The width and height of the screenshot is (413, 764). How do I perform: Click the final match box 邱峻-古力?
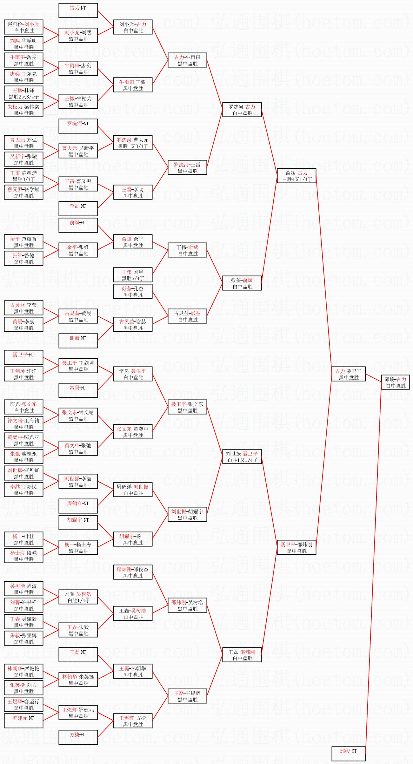tap(396, 382)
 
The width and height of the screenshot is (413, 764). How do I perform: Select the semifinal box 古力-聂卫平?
tap(349, 374)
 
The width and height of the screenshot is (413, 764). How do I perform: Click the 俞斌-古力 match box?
tap(296, 176)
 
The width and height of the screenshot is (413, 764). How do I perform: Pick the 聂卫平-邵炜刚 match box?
tap(296, 547)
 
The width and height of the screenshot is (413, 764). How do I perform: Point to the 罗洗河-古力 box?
tap(242, 110)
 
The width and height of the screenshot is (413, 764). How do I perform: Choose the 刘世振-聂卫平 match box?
tap(242, 456)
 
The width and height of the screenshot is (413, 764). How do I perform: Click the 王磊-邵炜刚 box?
tap(242, 655)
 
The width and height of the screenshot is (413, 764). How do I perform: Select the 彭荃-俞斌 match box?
tap(242, 283)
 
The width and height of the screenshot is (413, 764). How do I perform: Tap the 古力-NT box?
tap(78, 11)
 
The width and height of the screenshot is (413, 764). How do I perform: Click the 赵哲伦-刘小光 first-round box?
tap(24, 27)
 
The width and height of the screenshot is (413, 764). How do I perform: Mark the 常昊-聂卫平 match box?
tap(133, 374)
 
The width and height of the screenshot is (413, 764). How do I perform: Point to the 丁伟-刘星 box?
tap(133, 275)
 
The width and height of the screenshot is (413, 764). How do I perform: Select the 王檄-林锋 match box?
tap(24, 93)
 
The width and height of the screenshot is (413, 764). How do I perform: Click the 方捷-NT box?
tap(78, 737)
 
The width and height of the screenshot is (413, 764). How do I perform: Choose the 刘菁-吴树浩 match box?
tap(78, 597)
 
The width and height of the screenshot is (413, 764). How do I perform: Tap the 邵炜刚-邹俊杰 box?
tap(133, 572)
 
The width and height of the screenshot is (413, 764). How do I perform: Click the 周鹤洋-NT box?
tap(78, 506)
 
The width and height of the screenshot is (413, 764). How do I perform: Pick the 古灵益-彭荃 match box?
tap(187, 316)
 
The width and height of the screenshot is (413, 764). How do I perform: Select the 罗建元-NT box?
tap(24, 720)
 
